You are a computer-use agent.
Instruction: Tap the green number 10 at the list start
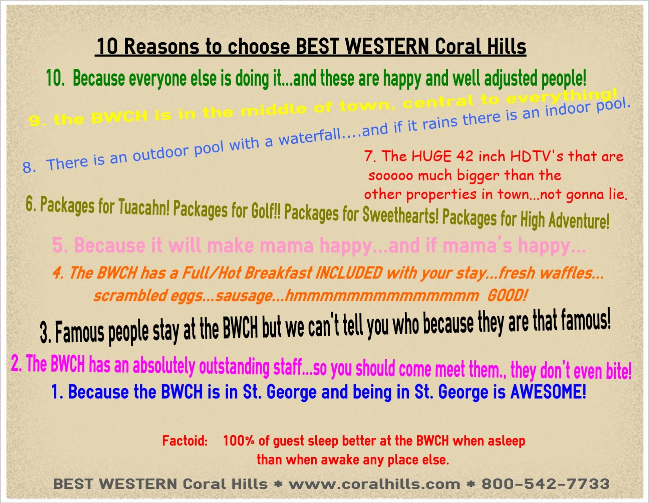click(55, 78)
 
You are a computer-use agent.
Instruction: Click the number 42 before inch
click(465, 156)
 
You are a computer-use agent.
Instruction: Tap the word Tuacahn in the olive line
click(143, 207)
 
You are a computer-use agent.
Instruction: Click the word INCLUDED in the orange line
click(349, 273)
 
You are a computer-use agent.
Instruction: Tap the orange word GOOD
click(507, 296)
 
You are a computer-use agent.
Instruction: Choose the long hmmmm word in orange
click(382, 296)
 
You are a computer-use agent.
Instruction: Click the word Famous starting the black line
click(80, 332)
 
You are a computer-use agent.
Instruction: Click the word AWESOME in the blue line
click(548, 392)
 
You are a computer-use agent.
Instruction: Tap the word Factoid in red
click(185, 441)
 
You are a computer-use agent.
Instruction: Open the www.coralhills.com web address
click(375, 484)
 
